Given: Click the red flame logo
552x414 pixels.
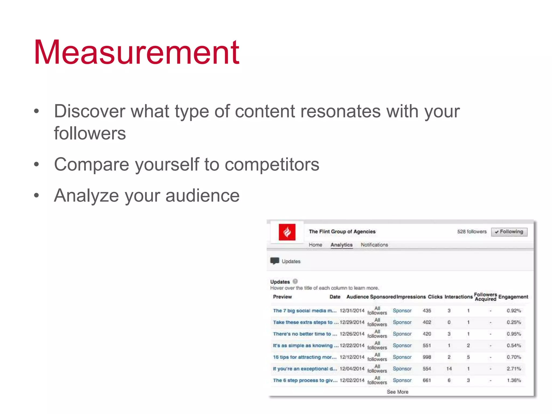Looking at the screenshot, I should point(287,232).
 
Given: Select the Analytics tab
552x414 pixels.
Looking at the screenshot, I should point(341,245).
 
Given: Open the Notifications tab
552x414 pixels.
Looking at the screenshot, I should point(374,245).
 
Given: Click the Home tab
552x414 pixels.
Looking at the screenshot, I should point(315,245).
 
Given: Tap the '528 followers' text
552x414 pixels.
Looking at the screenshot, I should point(472,232).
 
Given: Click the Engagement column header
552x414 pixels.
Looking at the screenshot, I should point(513,297).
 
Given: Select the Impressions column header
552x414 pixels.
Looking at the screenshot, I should point(411,297).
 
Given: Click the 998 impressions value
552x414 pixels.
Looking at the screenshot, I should point(427,357).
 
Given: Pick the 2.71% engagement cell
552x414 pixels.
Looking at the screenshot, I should point(513,369).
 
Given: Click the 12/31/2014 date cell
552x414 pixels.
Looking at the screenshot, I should point(352,311).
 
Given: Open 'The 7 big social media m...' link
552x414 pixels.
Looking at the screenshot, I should point(305,311).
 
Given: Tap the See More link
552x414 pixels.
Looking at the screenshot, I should point(397,392).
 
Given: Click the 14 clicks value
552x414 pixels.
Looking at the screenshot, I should point(449,369).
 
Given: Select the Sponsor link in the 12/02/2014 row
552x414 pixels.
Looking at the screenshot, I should point(402,380).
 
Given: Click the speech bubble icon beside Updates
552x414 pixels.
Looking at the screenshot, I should point(275,261).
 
